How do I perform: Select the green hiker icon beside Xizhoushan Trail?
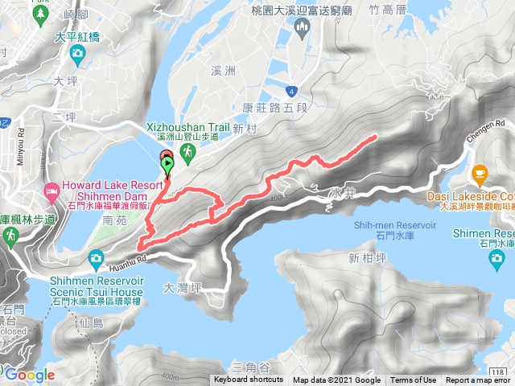click(x=187, y=150)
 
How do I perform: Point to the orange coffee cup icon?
click(x=480, y=173)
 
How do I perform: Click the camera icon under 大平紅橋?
click(x=77, y=55)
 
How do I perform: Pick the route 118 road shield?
click(x=498, y=371)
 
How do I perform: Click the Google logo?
click(x=29, y=375)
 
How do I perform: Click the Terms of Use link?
click(x=413, y=380)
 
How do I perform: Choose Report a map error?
click(x=478, y=380)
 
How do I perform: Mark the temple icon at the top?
click(x=303, y=30)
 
